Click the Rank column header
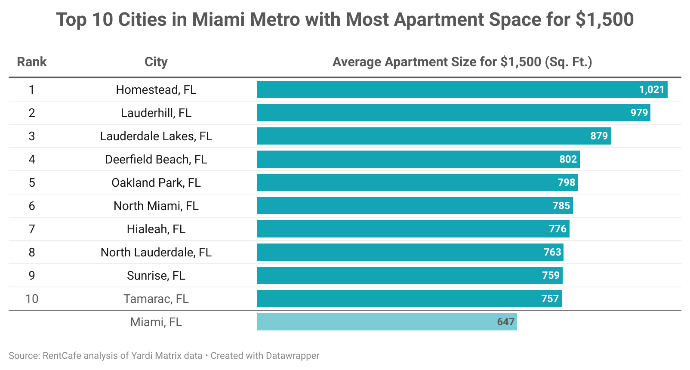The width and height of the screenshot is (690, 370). (x=31, y=62)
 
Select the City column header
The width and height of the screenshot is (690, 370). (x=156, y=62)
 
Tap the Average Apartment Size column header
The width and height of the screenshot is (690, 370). (x=462, y=62)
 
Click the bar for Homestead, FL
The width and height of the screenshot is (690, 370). (x=447, y=89)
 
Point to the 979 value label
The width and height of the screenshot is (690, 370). (x=639, y=113)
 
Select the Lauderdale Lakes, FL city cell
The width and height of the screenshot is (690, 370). (x=156, y=136)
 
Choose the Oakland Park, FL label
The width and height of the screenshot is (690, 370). (x=156, y=182)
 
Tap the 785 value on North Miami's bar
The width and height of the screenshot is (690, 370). (x=561, y=206)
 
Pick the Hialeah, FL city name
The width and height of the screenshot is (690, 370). (x=156, y=229)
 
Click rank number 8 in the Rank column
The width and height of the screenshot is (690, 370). (x=31, y=252)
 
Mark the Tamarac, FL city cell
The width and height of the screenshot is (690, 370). (x=156, y=299)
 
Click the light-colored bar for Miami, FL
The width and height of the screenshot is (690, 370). (x=374, y=322)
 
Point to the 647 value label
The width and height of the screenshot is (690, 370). (x=505, y=322)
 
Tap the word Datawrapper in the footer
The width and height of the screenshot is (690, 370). (x=293, y=356)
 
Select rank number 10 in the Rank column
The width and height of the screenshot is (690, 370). (x=31, y=299)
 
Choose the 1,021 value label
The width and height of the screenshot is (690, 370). (x=652, y=89)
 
